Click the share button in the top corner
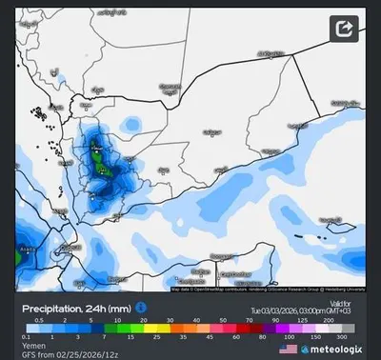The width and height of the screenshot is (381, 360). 344,29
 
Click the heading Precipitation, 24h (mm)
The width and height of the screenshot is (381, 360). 77,308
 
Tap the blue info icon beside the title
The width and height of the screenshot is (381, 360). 141,307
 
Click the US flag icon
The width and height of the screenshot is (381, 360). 288,350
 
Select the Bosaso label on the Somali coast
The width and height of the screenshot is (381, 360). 221,255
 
